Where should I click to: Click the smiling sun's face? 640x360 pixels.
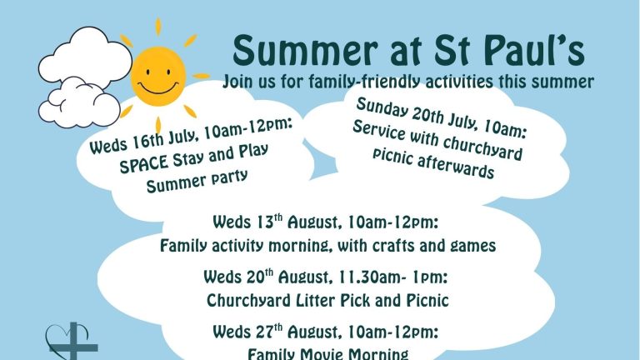(x=158, y=77)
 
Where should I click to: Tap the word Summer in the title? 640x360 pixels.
(x=305, y=51)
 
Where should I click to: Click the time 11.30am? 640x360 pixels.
(x=370, y=278)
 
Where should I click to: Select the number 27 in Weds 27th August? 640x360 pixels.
(x=265, y=332)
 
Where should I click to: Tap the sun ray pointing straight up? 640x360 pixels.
(x=158, y=27)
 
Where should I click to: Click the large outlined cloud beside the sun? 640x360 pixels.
(x=86, y=57)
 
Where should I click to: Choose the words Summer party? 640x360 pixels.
(x=197, y=181)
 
